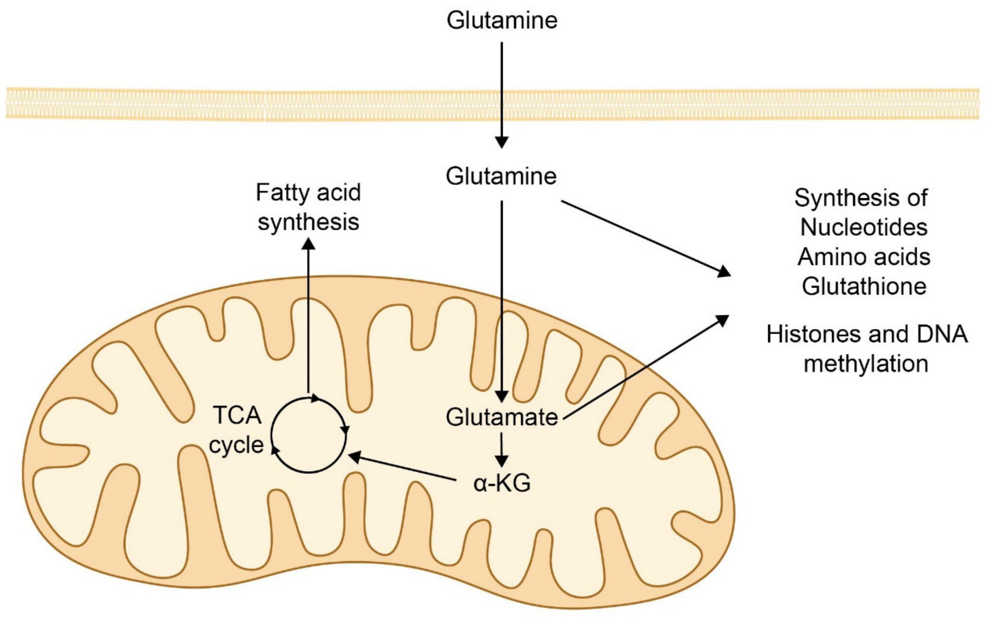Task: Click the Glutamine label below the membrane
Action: pyautogui.click(x=501, y=177)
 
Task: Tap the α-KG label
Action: pyautogui.click(x=502, y=483)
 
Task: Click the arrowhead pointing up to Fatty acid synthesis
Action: pyautogui.click(x=308, y=244)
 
